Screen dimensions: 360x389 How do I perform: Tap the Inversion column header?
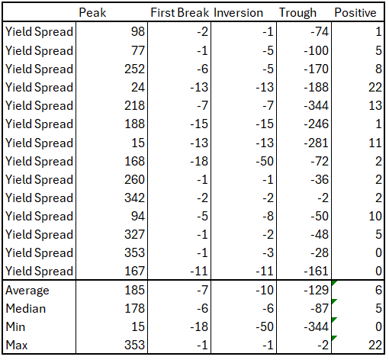[239, 13]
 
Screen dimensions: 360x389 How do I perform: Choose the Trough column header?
[298, 13]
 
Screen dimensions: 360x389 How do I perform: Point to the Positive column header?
[355, 13]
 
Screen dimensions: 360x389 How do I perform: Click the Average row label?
[27, 290]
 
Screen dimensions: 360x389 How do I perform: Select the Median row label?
[26, 308]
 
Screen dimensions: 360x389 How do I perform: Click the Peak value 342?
[133, 198]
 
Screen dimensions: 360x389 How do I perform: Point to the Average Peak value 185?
[133, 290]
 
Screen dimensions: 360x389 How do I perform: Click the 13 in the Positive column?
[375, 105]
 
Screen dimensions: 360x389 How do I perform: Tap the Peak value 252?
[133, 69]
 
